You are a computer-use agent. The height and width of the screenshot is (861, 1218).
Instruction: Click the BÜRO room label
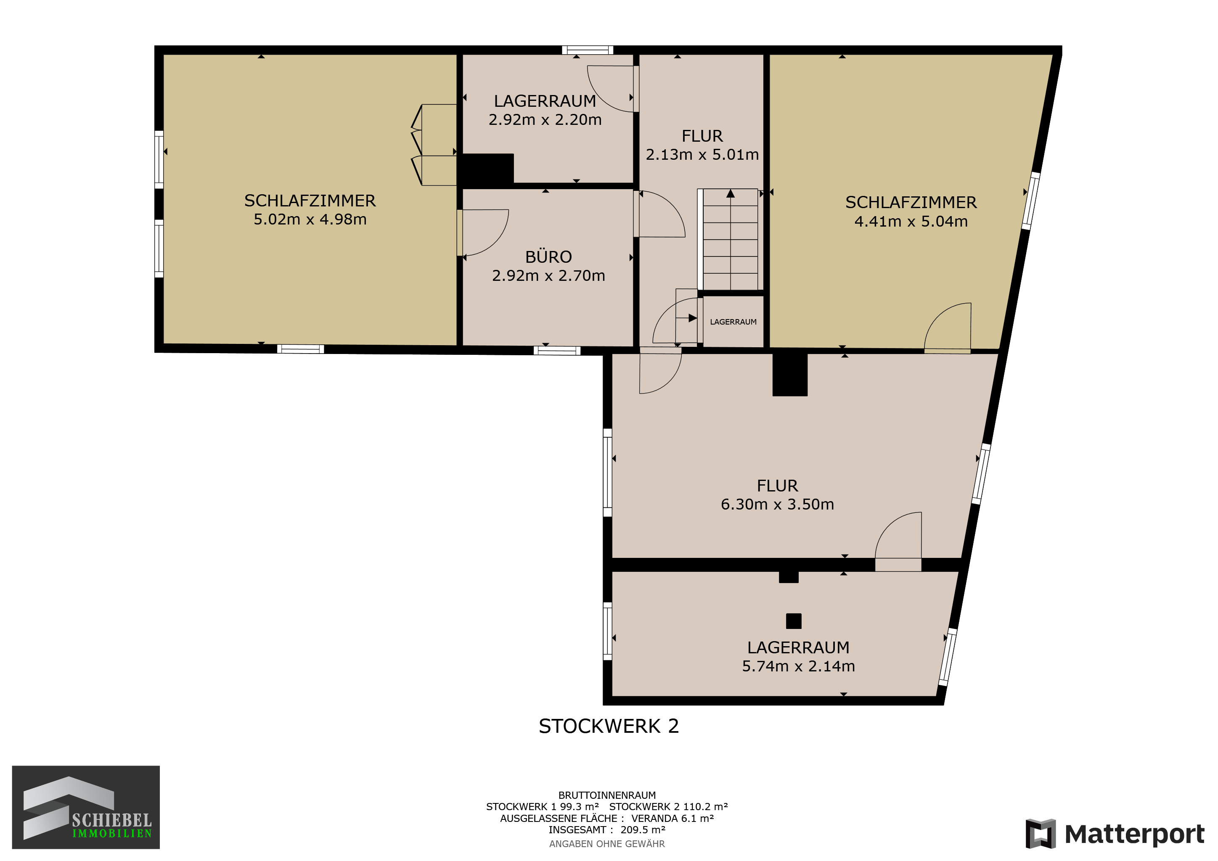548,257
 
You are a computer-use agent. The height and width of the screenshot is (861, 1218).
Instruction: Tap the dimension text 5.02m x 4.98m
310,219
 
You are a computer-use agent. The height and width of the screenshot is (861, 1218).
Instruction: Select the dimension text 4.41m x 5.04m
911,222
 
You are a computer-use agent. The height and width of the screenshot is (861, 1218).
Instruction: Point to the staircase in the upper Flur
731,239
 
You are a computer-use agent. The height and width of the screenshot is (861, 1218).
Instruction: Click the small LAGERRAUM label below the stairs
733,322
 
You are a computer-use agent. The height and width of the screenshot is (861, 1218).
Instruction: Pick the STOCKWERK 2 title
609,726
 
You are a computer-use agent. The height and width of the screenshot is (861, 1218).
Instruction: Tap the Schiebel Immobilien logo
86,807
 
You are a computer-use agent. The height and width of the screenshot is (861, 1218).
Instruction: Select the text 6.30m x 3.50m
777,504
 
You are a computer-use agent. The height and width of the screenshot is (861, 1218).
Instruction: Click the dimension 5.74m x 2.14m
798,666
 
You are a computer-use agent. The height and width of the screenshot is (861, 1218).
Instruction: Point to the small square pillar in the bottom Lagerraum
794,621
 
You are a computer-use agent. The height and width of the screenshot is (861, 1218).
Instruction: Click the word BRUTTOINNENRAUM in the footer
607,795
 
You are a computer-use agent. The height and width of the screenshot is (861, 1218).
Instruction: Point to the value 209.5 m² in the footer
643,830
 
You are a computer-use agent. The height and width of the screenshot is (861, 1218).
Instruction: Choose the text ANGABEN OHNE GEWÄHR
607,843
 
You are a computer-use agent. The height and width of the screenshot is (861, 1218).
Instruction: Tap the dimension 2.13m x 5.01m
702,155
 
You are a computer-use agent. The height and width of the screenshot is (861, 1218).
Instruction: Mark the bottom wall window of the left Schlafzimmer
300,349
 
